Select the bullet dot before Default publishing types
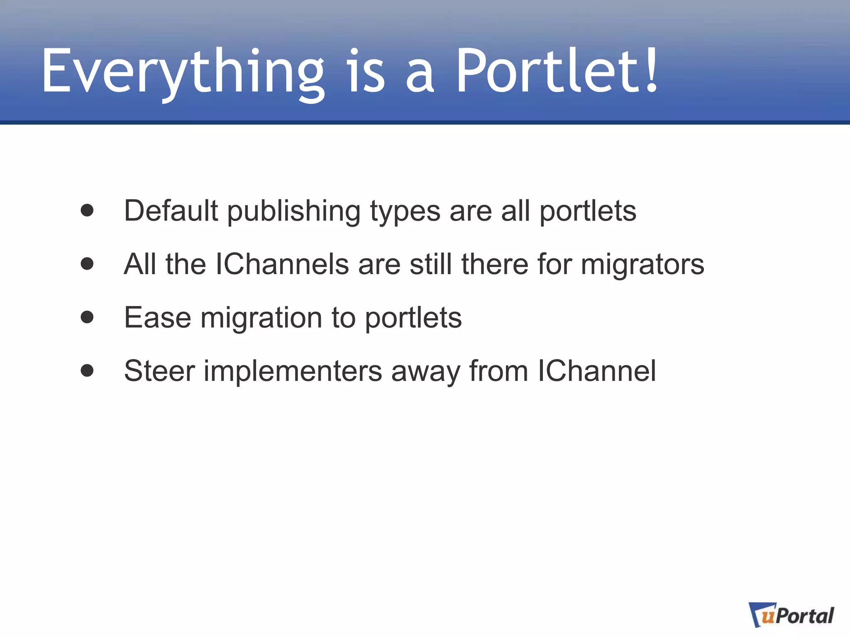pos(87,211)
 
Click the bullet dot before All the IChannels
pos(87,264)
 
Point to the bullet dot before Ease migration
pos(87,317)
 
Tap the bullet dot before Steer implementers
pos(87,371)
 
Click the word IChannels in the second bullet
pos(282,264)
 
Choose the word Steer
pos(159,371)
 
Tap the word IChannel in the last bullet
pos(597,371)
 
